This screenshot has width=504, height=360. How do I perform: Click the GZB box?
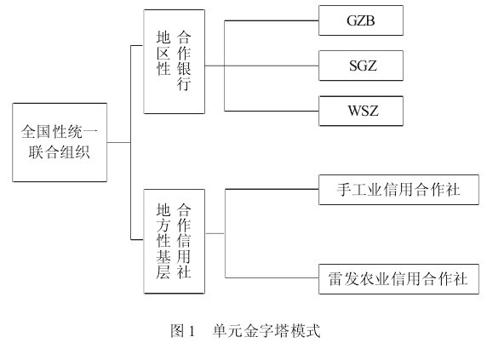coord(361,20)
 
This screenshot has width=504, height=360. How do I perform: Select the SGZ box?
coord(361,66)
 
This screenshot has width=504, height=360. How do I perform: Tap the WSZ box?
coord(361,111)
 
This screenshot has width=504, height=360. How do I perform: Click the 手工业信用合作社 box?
coord(398,190)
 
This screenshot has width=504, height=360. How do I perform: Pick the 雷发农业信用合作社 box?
coord(398,279)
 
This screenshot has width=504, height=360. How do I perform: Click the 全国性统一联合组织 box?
coord(60,142)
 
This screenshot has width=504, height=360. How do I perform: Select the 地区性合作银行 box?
coord(175,61)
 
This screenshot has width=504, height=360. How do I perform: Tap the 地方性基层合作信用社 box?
coord(175,242)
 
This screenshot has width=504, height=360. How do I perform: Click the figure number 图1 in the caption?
coord(182,331)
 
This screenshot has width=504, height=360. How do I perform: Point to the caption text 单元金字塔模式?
coord(266,331)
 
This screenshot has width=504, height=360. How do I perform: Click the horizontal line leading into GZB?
coord(272,20)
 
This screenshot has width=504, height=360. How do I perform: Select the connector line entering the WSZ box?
coord(272,111)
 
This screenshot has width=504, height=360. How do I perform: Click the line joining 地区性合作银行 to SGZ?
coord(262,66)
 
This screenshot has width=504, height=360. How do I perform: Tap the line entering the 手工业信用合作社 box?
coord(272,189)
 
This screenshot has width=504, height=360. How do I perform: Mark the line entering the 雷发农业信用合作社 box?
coord(272,277)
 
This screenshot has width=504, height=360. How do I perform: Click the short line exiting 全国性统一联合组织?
coord(119,142)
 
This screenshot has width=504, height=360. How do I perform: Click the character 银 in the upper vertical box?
coord(184,68)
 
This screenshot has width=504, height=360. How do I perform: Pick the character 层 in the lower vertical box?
coord(163,271)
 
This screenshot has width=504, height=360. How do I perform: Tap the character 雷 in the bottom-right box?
coord(335,279)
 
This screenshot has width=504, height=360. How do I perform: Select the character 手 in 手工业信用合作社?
coord(344,190)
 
